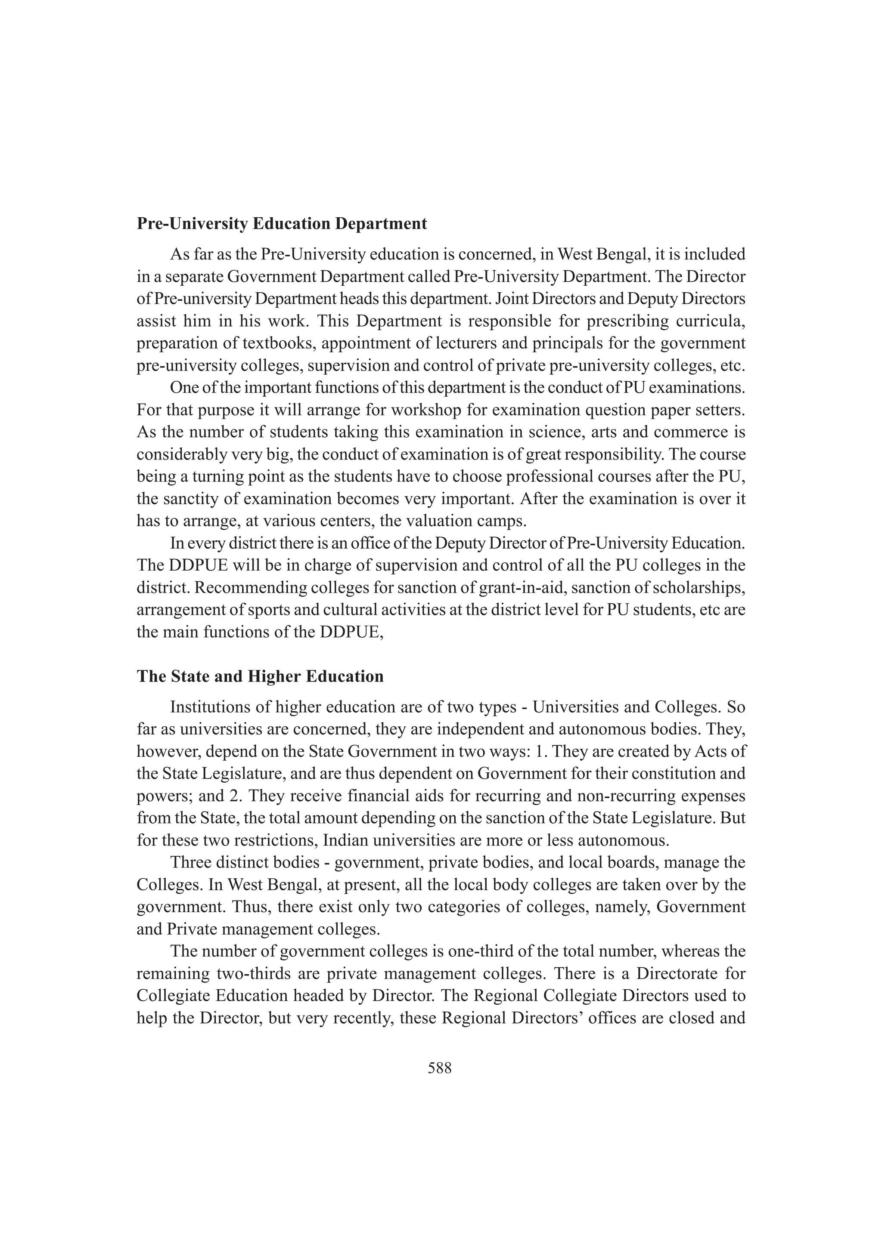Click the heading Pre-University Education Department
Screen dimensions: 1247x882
tap(282, 224)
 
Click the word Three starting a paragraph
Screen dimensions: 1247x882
tap(189, 862)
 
